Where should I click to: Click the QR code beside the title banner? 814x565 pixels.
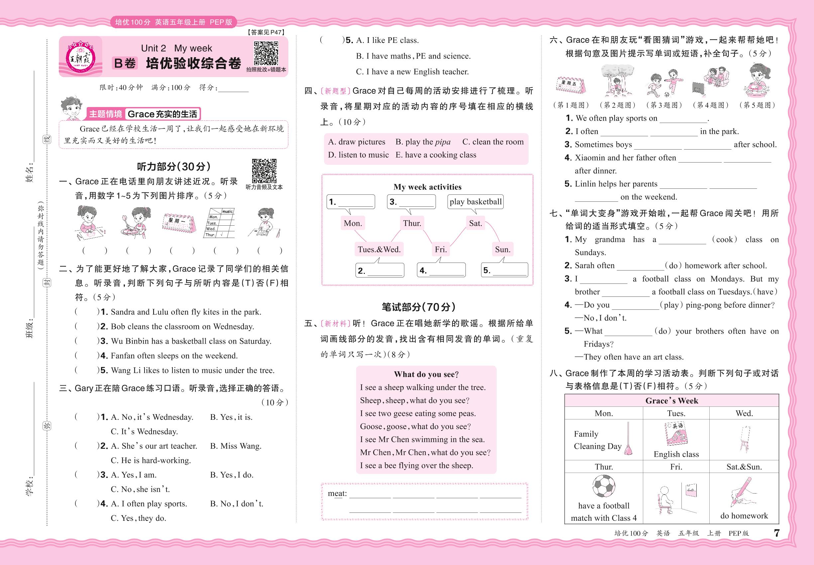(x=266, y=53)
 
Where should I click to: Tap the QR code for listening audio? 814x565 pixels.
(x=264, y=170)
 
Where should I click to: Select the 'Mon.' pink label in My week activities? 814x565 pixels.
(x=353, y=223)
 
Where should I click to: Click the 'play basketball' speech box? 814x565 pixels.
(x=475, y=202)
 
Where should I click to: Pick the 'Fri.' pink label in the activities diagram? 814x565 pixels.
(x=441, y=250)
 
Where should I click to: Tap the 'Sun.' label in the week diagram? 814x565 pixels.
(x=503, y=250)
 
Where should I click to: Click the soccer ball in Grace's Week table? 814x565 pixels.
(x=603, y=486)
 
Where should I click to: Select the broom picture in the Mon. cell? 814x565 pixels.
(x=628, y=439)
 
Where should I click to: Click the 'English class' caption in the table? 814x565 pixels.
(x=676, y=454)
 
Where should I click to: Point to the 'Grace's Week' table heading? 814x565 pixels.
(x=672, y=401)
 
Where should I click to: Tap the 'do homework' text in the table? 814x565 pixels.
(x=744, y=516)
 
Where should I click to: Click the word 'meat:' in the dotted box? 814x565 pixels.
(x=337, y=494)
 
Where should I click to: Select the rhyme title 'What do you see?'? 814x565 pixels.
(x=426, y=374)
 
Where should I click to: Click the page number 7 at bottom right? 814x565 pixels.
(x=777, y=533)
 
